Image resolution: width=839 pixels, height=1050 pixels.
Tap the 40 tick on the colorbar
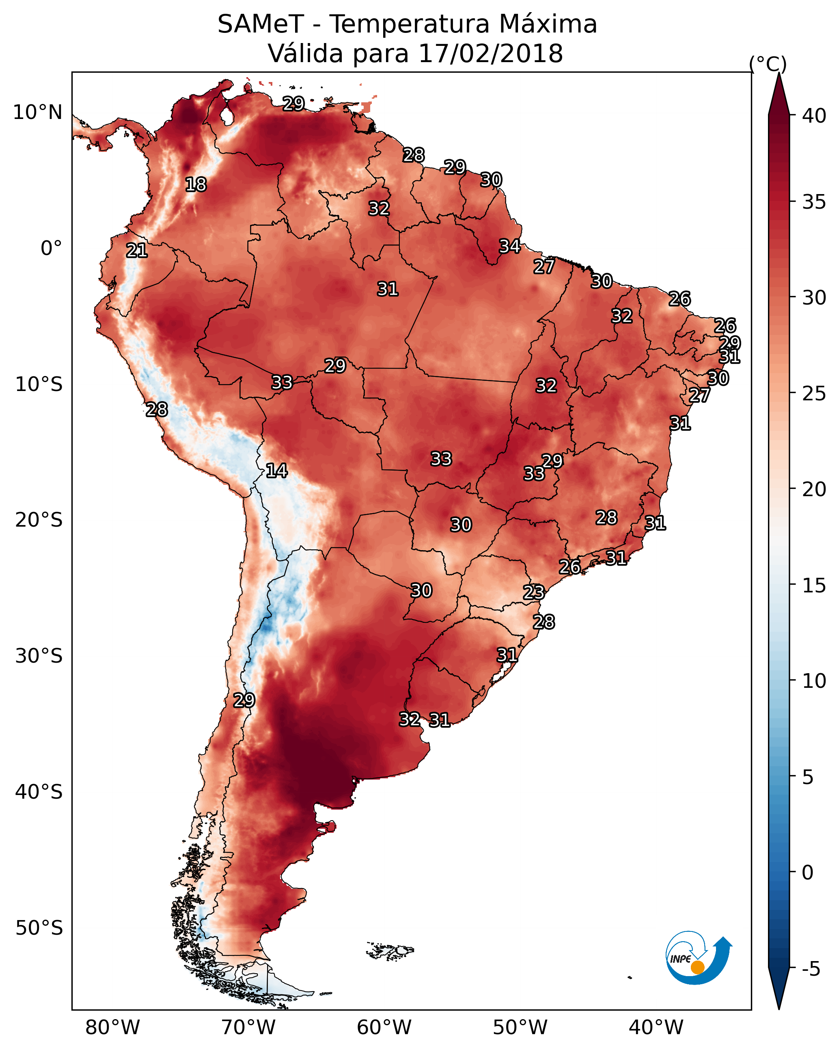814,116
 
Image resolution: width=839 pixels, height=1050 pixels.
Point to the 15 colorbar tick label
814,585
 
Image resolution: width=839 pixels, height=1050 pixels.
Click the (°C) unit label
768,64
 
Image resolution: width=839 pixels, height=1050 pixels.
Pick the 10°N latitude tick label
37,112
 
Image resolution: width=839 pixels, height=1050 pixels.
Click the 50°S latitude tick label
39,928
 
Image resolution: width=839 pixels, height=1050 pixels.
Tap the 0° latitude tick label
51,248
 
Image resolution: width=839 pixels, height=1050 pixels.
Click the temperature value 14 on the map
276,471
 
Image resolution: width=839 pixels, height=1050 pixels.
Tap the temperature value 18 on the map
196,185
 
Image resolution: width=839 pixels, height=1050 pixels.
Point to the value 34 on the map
510,246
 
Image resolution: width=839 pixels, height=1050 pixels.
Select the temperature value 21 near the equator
137,251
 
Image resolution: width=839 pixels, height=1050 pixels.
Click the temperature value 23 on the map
534,592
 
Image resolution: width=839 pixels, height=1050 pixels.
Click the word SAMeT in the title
261,24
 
